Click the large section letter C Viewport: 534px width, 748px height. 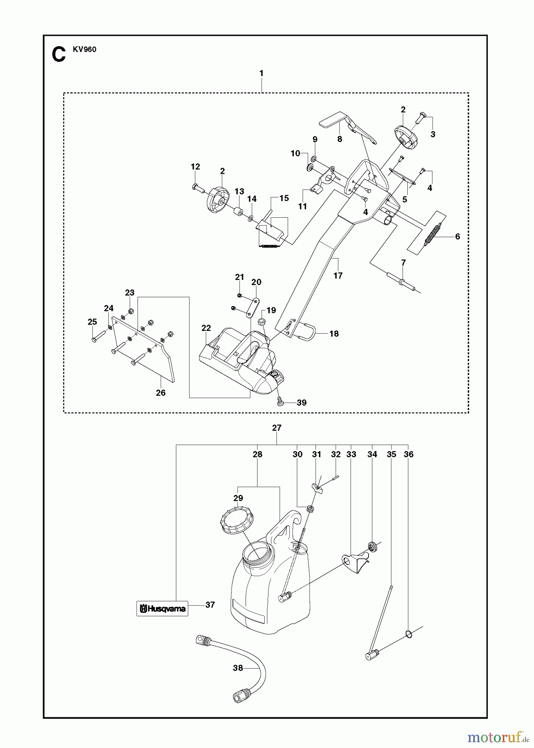click(59, 55)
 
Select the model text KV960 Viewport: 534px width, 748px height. click(86, 49)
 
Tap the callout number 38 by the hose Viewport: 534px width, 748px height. click(238, 669)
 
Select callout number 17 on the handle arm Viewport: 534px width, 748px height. click(338, 276)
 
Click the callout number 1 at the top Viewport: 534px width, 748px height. click(261, 73)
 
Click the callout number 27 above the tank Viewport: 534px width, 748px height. click(277, 428)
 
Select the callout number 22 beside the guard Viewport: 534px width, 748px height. click(206, 328)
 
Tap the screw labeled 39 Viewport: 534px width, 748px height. click(280, 401)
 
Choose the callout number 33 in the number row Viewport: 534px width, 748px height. click(351, 455)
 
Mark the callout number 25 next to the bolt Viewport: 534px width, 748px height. click(92, 322)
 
